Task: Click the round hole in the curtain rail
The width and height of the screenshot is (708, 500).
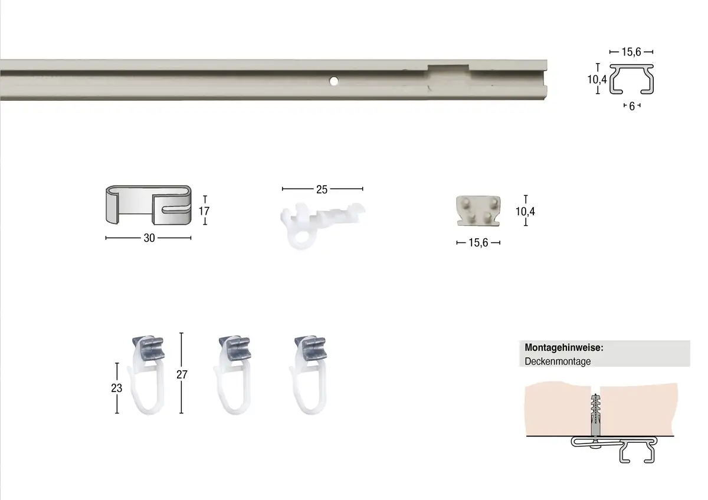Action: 333,81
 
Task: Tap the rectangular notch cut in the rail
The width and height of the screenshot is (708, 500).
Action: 448,68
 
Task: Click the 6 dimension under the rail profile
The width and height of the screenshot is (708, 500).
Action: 632,106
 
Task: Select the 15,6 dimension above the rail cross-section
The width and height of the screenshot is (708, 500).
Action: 631,52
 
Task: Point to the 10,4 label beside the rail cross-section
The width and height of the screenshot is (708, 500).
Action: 596,79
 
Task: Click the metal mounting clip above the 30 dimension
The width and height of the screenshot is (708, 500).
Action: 149,205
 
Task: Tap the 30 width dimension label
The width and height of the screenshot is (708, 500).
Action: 149,238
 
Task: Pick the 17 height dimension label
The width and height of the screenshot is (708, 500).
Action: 204,210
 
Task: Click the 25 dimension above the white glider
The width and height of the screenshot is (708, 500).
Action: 322,189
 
